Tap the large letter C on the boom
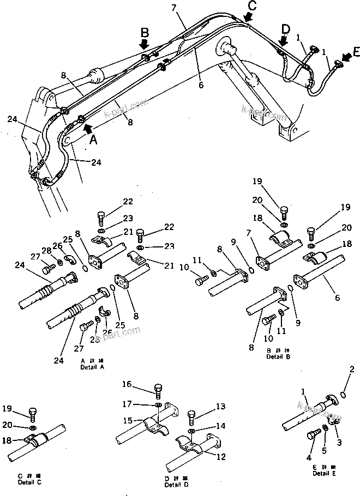tap(251, 5)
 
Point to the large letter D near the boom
tap(286, 28)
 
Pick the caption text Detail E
tap(325, 473)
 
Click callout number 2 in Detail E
tap(352, 370)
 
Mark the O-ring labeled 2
tap(343, 394)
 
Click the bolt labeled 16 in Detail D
tap(158, 392)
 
